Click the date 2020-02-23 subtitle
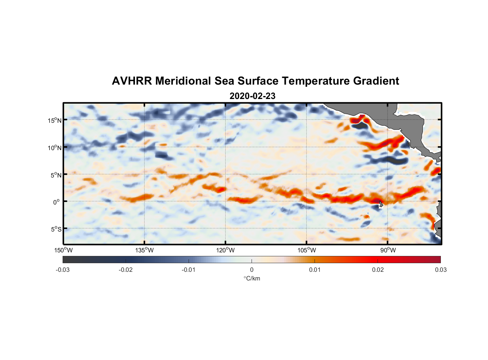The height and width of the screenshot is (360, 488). click(252, 96)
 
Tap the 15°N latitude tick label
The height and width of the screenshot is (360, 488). click(55, 120)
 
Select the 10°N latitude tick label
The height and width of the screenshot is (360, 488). click(55, 148)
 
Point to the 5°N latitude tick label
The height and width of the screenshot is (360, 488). click(56, 175)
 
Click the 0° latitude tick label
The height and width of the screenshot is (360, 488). click(57, 202)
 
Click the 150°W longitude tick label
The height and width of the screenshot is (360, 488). click(63, 251)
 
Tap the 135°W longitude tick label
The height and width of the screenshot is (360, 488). click(144, 251)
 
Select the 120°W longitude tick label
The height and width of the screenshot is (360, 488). click(225, 251)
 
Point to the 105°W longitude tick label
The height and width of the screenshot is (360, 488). click(307, 251)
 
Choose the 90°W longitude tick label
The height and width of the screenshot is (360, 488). click(388, 251)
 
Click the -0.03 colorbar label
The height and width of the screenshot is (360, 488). click(63, 270)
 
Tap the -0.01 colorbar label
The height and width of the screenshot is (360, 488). click(189, 270)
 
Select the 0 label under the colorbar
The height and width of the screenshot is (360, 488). click(252, 270)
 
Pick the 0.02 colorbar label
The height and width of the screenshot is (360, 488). click(378, 270)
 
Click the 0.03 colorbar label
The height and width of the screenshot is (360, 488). click(440, 270)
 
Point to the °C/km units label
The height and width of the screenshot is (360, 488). click(252, 279)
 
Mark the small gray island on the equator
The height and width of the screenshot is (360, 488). click(380, 203)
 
